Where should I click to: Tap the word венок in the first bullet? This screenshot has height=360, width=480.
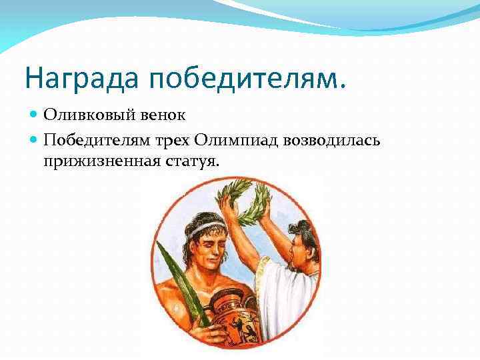163,115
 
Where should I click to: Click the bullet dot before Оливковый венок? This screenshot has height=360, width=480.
35,115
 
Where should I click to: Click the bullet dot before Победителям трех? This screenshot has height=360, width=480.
35,139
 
